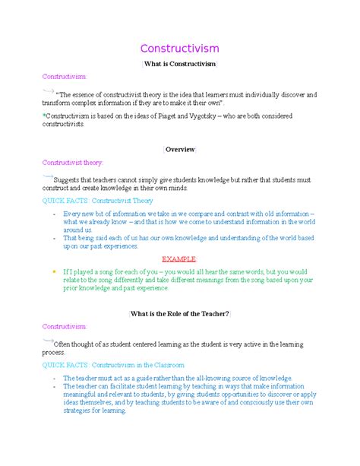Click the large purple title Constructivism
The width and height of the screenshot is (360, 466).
click(179, 49)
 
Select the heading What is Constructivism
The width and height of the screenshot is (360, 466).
click(179, 65)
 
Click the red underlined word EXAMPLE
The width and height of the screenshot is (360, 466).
click(181, 258)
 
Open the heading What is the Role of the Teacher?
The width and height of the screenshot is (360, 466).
click(180, 313)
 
